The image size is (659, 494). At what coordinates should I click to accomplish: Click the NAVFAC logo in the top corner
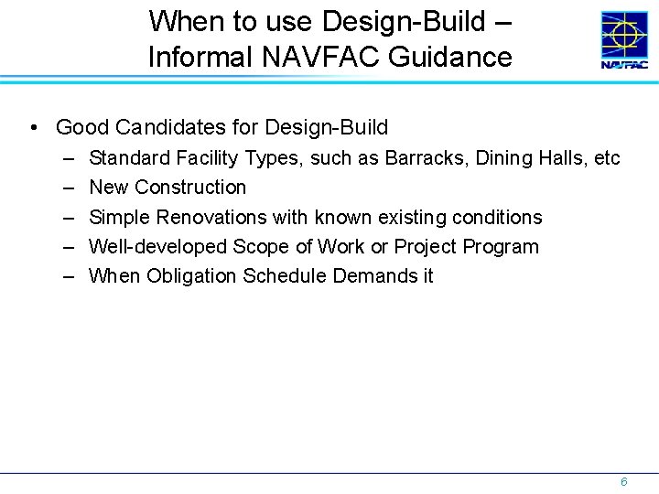click(623, 39)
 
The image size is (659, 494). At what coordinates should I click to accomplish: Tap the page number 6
click(623, 481)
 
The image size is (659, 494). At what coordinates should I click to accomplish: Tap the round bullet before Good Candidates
click(33, 127)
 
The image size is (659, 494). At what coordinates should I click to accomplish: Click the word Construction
click(190, 188)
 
